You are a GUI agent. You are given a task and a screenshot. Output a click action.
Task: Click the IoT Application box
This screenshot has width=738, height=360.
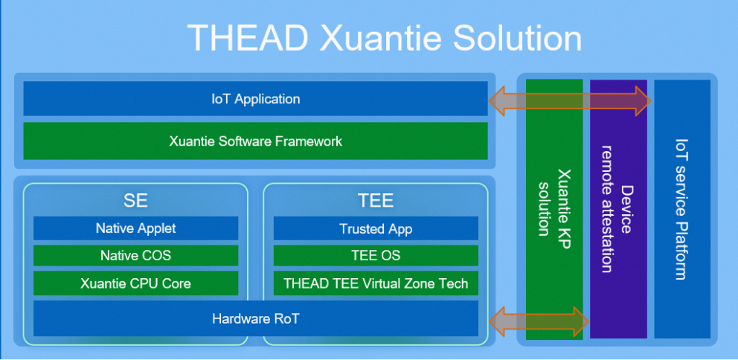point(256,98)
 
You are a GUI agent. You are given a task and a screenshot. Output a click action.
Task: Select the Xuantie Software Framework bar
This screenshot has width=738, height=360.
point(256,141)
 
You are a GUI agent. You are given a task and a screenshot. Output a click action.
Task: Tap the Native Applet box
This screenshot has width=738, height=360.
point(135,228)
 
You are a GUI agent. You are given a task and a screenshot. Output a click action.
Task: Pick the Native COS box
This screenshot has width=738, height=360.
point(135,256)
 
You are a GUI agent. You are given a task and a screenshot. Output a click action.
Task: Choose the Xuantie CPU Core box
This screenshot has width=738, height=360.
point(135,283)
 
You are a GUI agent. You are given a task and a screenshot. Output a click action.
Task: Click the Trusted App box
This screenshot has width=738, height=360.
point(376,228)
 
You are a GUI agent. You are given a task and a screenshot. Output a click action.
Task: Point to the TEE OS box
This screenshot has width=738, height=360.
point(376,256)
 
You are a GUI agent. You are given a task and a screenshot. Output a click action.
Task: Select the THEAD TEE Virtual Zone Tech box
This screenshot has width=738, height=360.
point(376,283)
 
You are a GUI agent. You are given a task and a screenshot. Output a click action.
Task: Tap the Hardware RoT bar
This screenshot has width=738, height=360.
point(256,318)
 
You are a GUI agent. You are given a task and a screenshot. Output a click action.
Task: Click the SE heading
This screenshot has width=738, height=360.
point(135,201)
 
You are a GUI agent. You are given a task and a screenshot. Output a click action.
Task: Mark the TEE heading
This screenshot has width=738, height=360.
point(376,201)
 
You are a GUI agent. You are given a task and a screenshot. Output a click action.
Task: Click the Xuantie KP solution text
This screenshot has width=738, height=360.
point(554,202)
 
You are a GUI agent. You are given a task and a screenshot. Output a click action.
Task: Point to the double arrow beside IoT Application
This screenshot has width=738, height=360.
point(570,100)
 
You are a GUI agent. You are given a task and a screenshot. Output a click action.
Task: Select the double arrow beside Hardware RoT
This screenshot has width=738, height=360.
point(539,321)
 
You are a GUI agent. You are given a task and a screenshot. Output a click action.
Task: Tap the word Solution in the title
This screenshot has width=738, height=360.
point(517,39)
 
